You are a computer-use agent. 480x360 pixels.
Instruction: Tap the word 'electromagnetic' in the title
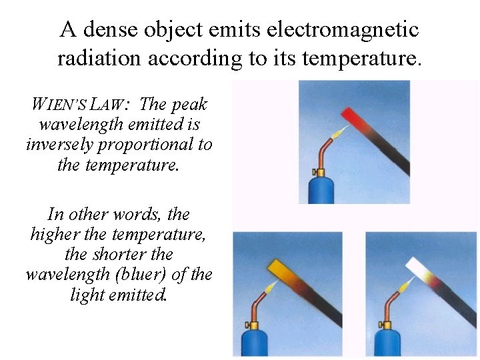tap(342, 29)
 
